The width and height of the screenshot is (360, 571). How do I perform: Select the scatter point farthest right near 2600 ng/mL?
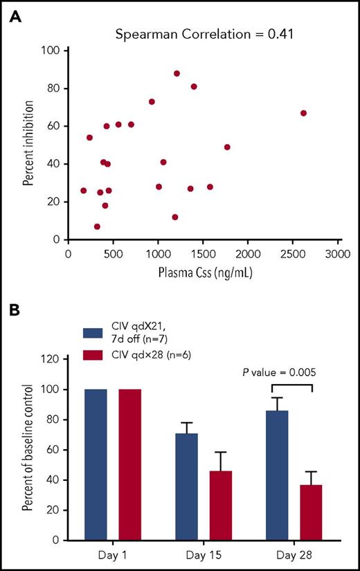click(303, 113)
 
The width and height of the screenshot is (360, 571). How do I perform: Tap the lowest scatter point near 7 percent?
click(97, 226)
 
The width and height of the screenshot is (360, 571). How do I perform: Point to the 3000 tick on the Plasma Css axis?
click(339, 254)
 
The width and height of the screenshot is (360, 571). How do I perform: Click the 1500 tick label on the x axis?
click(203, 254)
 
